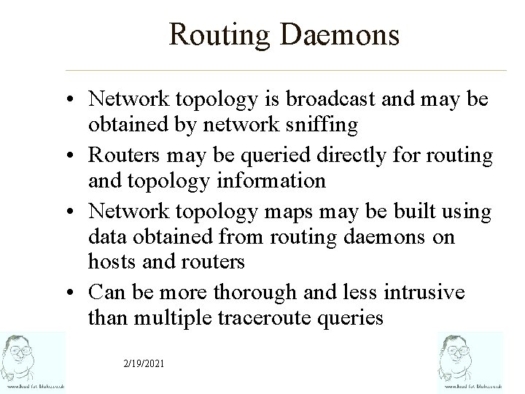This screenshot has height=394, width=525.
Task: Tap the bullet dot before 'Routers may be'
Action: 76,156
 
